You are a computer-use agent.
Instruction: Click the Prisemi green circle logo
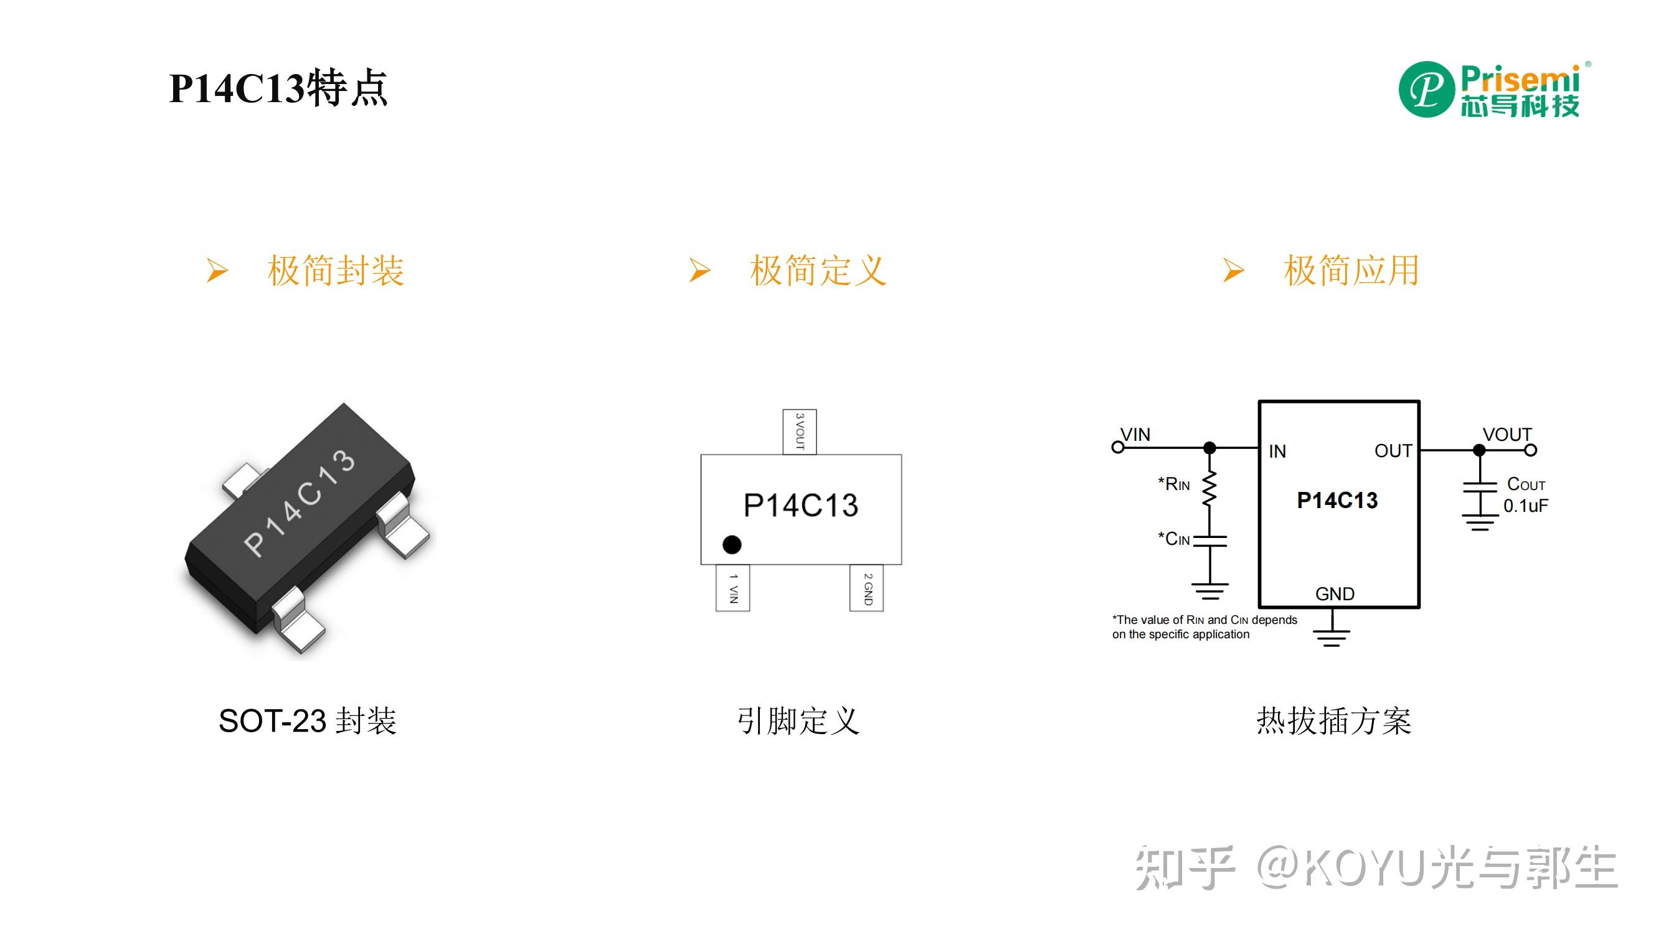[1426, 90]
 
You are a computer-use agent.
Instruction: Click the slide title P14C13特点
[278, 88]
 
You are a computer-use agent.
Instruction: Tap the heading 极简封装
[335, 270]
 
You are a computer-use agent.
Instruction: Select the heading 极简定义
[818, 270]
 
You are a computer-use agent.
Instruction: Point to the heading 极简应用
[1351, 270]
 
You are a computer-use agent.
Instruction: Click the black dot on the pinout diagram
[732, 545]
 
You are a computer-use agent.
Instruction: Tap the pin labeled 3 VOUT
[800, 432]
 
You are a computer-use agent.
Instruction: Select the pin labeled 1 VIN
[732, 588]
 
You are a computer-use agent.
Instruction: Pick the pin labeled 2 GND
[866, 588]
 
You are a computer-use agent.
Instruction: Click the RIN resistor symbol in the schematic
[1209, 489]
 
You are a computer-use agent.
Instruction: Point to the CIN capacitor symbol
[1209, 540]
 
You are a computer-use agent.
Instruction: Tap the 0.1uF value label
[1525, 506]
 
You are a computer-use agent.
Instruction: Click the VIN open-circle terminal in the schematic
[1118, 447]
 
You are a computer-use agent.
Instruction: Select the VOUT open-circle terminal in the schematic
[1531, 451]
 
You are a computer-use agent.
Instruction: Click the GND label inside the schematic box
[1335, 593]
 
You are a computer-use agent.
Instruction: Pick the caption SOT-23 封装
[308, 720]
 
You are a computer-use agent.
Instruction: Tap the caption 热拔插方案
[1333, 720]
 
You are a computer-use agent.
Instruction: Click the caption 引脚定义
[798, 720]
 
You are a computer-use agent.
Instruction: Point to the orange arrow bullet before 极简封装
[217, 270]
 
